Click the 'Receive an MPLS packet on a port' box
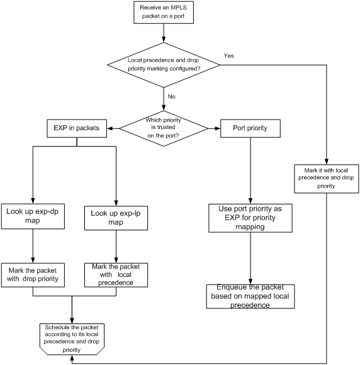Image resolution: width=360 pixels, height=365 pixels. (164, 13)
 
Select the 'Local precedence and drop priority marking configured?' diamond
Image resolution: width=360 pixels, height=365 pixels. (164, 65)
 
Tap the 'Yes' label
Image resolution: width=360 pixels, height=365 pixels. (228, 55)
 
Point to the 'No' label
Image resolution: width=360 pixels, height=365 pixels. (171, 96)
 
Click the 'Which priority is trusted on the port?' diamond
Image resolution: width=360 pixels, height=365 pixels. (164, 128)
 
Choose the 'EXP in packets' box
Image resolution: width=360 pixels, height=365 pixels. (77, 128)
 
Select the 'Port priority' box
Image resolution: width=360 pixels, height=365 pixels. (250, 128)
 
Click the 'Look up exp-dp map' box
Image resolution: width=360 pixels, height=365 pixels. (33, 216)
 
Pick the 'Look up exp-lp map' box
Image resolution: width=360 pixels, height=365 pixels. (116, 218)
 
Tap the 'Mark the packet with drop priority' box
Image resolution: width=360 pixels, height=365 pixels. (33, 275)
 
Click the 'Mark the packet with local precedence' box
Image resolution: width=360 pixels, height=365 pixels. (116, 275)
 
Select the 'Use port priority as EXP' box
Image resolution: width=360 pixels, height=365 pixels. (250, 218)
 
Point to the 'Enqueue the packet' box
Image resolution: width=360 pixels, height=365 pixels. (250, 296)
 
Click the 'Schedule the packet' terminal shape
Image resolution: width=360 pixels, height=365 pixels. (72, 339)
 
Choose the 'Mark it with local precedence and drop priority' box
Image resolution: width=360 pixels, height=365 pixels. (327, 179)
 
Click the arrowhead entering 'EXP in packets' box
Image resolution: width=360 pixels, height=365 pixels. (110, 128)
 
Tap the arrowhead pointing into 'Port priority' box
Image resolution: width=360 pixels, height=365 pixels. (218, 128)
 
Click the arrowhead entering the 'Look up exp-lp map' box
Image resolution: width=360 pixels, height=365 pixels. (116, 203)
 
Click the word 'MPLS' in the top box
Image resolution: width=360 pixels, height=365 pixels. (179, 8)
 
